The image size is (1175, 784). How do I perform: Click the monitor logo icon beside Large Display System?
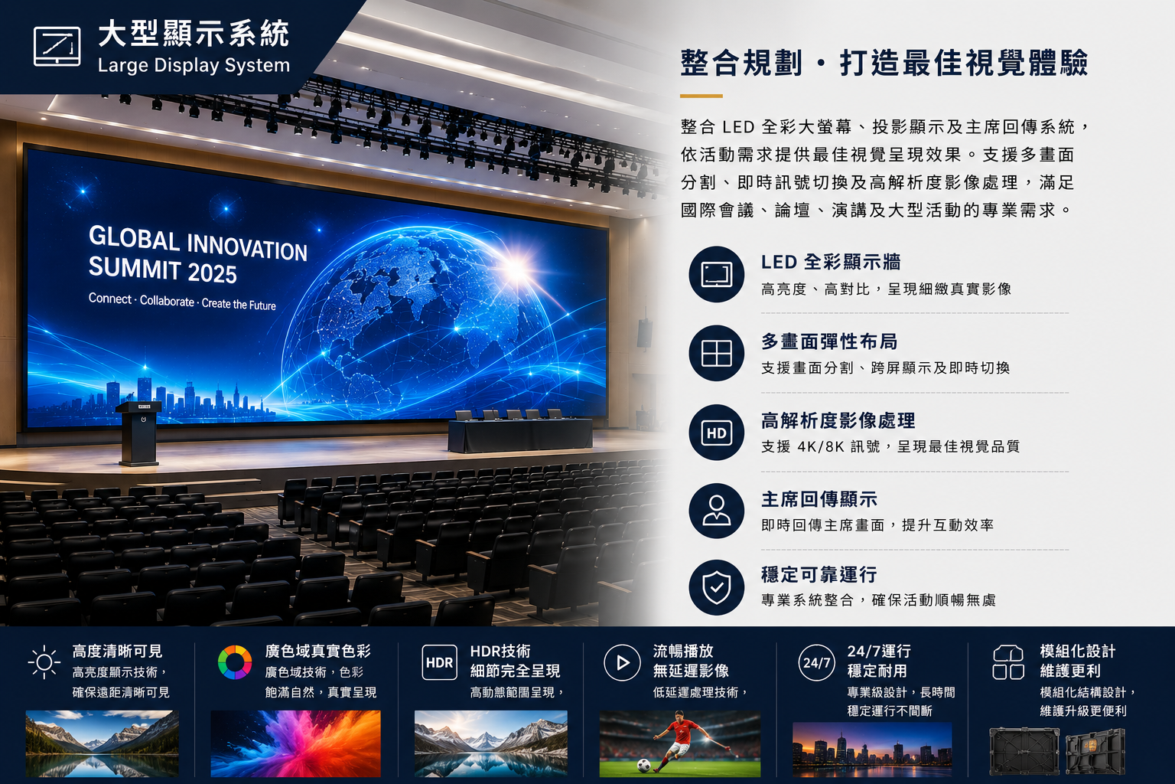[x=57, y=47]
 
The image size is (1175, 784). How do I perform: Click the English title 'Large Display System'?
[x=194, y=65]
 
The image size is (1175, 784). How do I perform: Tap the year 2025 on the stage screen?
[x=212, y=273]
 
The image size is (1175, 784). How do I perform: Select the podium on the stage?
[x=139, y=434]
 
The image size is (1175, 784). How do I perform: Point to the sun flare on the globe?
[x=516, y=268]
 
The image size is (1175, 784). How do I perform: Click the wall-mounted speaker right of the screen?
[x=645, y=333]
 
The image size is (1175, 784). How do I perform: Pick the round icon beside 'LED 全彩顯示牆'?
[x=717, y=274]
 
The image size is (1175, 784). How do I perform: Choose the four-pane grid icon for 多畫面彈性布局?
[x=717, y=353]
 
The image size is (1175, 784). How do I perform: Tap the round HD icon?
[x=717, y=432]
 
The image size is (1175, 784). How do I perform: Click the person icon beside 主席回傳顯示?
[x=717, y=511]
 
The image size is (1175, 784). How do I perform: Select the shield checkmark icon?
[x=717, y=587]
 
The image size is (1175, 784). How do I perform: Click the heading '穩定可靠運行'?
[x=819, y=574]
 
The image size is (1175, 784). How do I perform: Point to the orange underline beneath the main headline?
[x=701, y=96]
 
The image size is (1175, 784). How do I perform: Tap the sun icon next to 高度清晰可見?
[x=44, y=662]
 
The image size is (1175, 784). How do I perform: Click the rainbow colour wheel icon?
[x=235, y=662]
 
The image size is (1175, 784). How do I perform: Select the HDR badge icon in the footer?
[x=439, y=663]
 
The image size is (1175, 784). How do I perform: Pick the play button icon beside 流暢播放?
[x=622, y=663]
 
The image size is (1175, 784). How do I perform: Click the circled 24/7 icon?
[x=817, y=663]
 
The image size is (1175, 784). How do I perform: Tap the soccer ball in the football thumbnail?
[x=643, y=765]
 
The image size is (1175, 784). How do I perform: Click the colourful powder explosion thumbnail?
[x=296, y=743]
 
